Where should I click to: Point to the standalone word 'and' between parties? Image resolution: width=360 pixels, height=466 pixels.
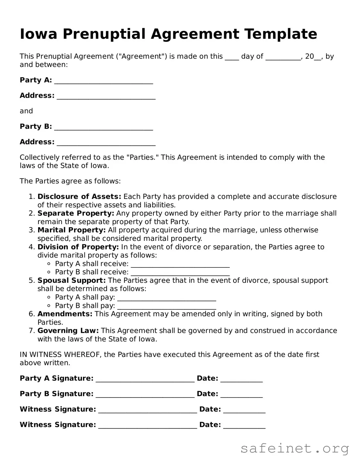click(26, 111)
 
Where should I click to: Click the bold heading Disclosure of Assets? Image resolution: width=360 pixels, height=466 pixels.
click(79, 196)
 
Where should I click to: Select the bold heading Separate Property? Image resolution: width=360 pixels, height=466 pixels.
click(76, 213)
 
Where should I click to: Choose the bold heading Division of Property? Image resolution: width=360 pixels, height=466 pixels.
click(78, 247)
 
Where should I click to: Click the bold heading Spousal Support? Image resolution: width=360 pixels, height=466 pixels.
click(71, 280)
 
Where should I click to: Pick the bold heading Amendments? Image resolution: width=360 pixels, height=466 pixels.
click(65, 314)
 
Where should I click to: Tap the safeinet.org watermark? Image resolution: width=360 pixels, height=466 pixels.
click(295, 448)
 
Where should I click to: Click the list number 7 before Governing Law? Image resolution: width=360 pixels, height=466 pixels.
click(31, 331)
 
